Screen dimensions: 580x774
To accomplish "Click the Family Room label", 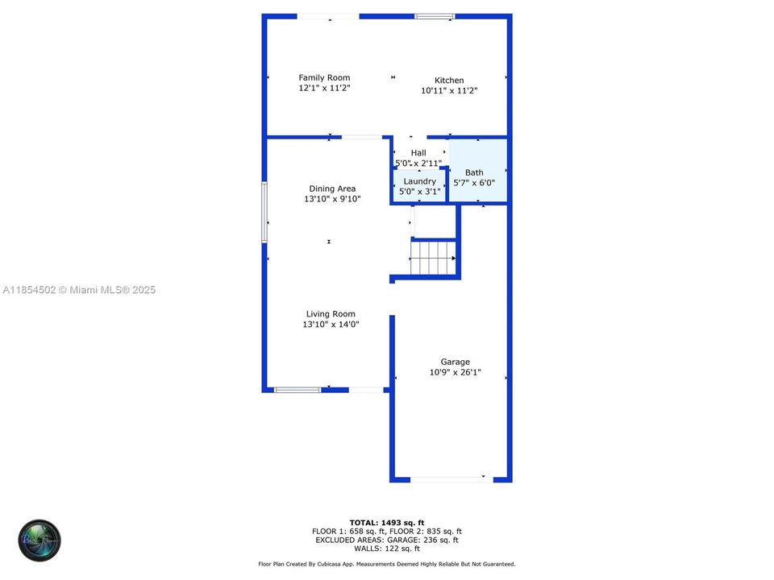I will pos(324,78).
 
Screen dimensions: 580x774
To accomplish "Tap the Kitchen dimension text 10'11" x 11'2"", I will pos(449,91).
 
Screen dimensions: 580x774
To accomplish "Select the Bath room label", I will pos(474,172).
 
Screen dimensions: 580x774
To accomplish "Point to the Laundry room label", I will pos(419,181).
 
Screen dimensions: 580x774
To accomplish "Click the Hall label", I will pos(418,153).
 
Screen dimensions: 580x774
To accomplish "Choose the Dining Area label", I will pos(332,188).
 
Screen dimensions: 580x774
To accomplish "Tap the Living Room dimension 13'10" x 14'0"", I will pos(331,325).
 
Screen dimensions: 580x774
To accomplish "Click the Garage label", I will pos(455,362).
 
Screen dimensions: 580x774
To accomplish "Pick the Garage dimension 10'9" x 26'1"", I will pos(455,372).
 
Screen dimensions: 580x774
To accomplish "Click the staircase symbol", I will pos(434,258).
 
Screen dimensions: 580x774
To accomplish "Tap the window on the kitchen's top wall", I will pos(435,16).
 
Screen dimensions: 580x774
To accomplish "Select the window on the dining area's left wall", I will pos(264,212).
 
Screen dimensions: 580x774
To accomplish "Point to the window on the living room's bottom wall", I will pos(298,390).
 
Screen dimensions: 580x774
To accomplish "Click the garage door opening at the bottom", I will pos(449,479).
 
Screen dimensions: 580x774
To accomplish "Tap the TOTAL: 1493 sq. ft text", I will pos(387,522).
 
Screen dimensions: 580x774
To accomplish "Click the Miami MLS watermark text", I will pos(79,290).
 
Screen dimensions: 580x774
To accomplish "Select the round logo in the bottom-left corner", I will pos(40,541).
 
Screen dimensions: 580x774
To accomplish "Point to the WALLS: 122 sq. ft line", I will pos(387,549).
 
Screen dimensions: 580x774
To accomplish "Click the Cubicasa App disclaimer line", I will pos(387,565).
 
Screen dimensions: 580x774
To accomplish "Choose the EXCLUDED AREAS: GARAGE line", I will pos(387,540).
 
